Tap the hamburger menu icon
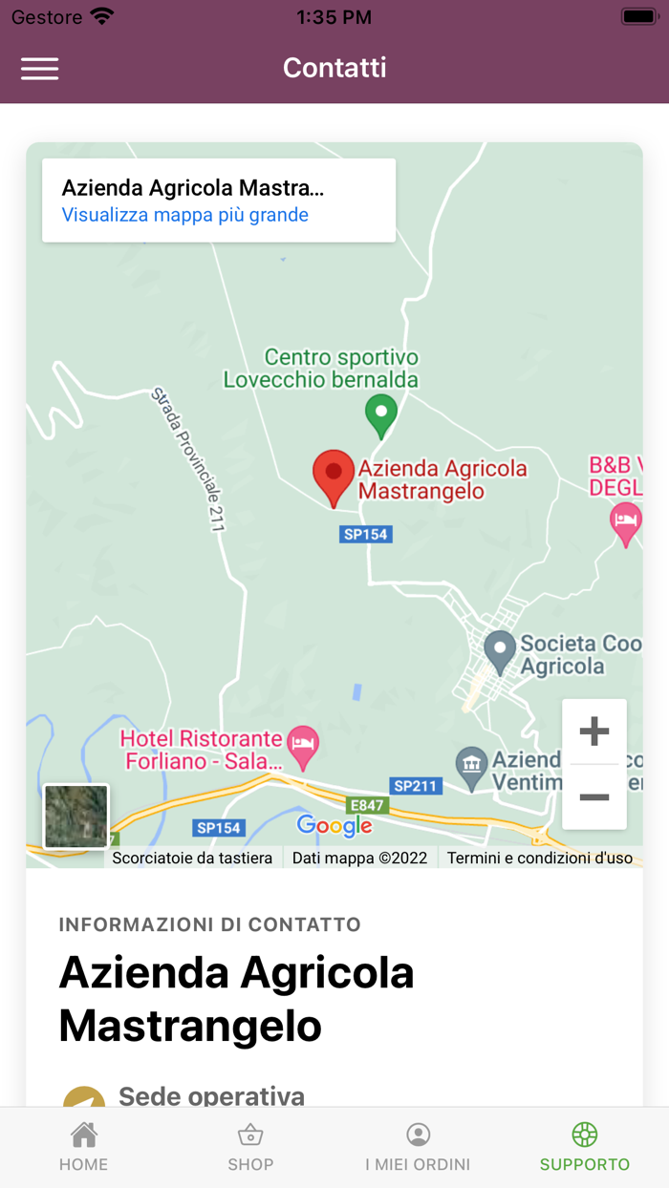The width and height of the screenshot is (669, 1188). (x=40, y=69)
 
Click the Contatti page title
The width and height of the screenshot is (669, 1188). (x=334, y=68)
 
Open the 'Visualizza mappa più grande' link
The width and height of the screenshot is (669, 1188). (x=185, y=215)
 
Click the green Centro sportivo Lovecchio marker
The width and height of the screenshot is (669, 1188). (x=381, y=415)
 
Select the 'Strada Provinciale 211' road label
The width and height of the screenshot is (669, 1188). (x=188, y=458)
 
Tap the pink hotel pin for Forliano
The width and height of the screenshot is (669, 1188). (x=304, y=748)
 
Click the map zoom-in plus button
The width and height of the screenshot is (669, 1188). (x=594, y=732)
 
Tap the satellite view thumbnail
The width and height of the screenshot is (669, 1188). (x=76, y=817)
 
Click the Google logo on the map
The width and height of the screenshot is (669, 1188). (x=334, y=826)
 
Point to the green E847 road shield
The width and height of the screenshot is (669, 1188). (x=366, y=805)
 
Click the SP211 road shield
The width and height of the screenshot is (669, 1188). (x=416, y=786)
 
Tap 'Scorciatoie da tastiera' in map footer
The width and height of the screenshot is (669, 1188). (x=192, y=858)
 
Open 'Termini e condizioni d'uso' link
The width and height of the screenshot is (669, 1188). (x=540, y=858)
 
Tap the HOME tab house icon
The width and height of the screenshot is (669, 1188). (x=84, y=1135)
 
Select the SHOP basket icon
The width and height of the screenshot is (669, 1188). (x=250, y=1135)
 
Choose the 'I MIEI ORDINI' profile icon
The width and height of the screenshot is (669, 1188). (x=418, y=1135)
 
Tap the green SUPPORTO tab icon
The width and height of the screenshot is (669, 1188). (x=585, y=1135)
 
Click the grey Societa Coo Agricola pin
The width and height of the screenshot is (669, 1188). (x=500, y=651)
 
